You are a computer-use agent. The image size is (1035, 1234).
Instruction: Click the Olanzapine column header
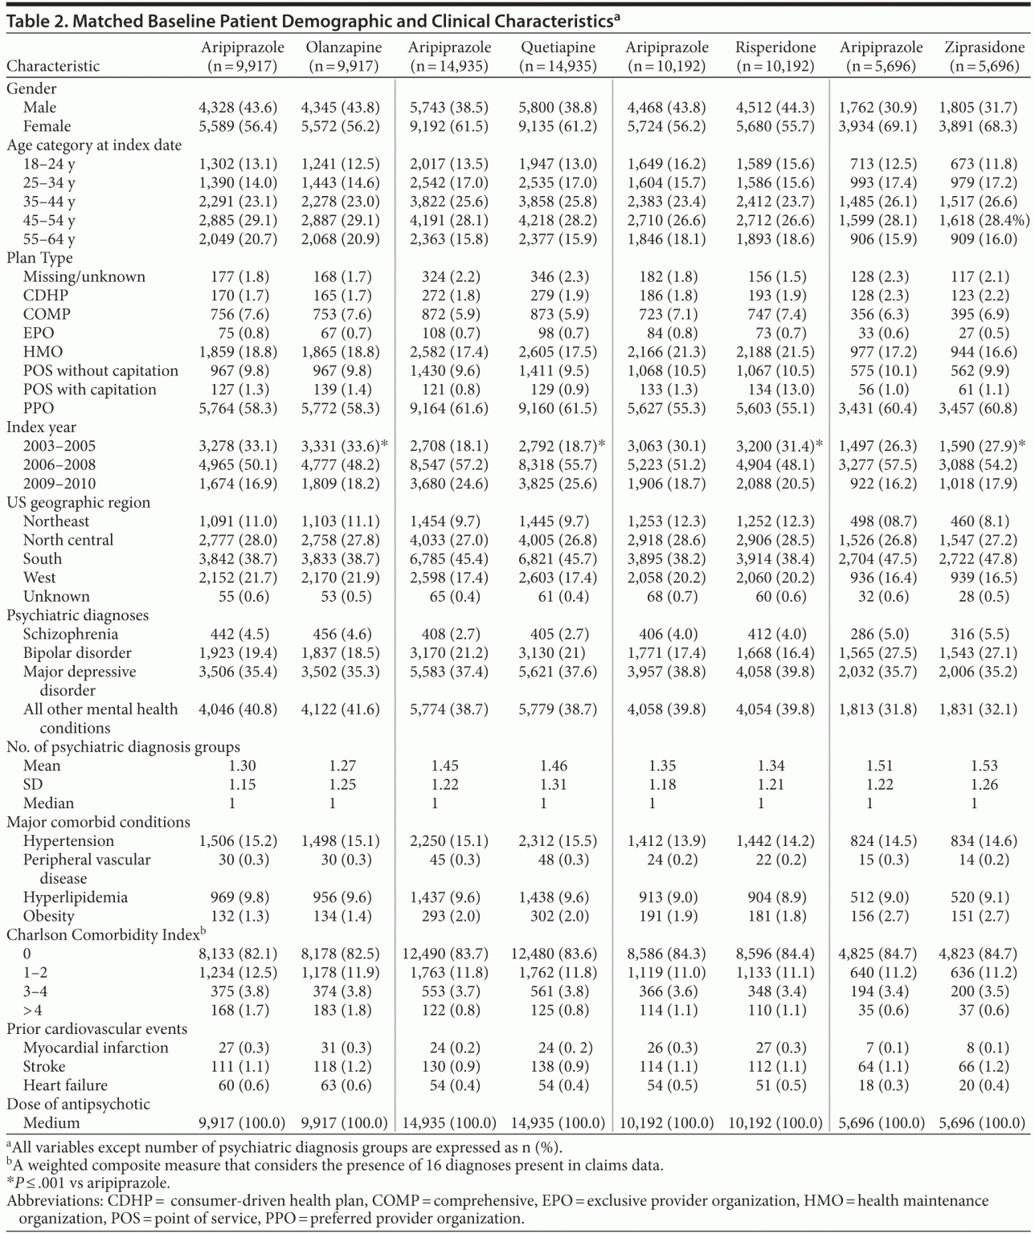[343, 47]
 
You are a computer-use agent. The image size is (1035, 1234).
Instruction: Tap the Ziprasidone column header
[984, 47]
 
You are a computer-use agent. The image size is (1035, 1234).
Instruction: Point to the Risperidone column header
[775, 47]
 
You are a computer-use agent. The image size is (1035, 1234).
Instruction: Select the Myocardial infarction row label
[96, 1048]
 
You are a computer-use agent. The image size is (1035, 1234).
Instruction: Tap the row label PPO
[39, 408]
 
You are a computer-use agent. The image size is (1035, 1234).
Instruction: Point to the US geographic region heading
[78, 502]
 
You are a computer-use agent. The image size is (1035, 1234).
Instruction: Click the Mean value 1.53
[984, 766]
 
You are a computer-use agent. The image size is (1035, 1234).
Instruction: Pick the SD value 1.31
[554, 784]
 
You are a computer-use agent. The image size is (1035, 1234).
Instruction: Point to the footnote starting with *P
[88, 1183]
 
